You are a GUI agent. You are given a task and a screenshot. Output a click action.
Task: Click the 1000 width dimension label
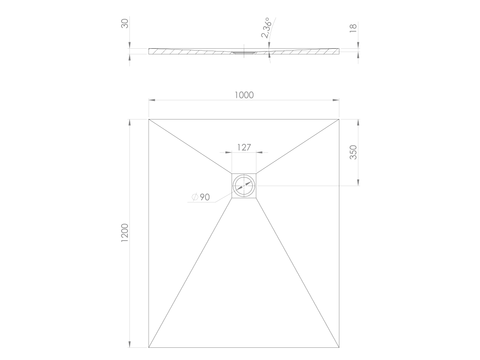pos(244,95)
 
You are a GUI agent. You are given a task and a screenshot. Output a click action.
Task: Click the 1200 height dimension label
pos(125,232)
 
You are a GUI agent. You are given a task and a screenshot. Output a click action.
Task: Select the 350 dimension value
pos(353,152)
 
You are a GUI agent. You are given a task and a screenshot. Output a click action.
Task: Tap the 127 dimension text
pos(244,148)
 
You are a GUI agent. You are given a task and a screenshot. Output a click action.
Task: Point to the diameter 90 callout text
pos(201,197)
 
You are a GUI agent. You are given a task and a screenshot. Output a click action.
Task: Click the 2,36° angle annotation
pos(266,28)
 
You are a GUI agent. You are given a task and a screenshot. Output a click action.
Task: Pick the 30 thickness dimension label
pos(125,23)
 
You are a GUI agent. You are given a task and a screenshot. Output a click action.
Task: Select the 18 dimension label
pos(353,27)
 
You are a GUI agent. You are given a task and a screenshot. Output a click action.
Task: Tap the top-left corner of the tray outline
pos(149,119)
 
